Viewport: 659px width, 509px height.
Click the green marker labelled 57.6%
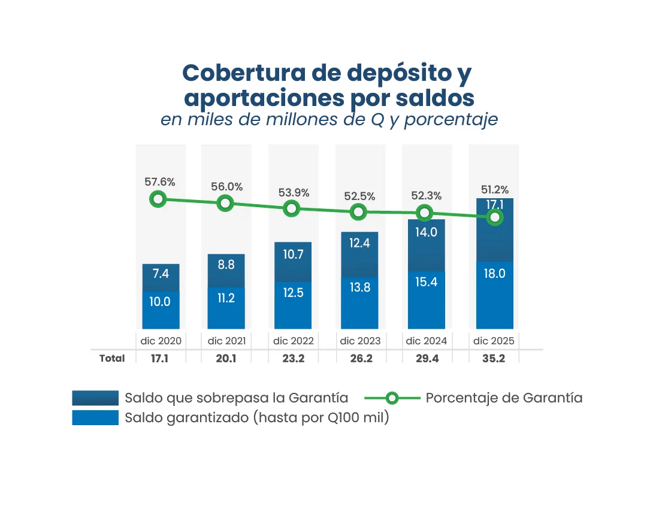coord(158,199)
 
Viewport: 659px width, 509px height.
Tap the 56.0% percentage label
coord(227,187)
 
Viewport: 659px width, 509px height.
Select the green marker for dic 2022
coord(292,208)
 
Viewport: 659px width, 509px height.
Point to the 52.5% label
coord(359,196)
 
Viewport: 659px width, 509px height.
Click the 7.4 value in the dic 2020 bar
coord(161,274)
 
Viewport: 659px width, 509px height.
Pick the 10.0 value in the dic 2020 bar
coord(161,302)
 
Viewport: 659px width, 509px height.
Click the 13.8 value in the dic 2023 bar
coord(359,287)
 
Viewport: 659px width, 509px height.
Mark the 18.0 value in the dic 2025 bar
coord(494,274)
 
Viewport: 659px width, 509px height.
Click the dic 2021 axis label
coord(227,341)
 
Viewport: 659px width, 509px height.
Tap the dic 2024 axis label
coord(426,341)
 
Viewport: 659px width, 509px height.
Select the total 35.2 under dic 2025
coord(494,358)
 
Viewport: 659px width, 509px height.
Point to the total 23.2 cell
coord(294,358)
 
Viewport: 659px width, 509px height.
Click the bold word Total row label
coord(112,358)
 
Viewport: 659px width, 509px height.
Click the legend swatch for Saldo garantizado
coord(95,418)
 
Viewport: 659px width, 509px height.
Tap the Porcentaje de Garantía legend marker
coord(392,398)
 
